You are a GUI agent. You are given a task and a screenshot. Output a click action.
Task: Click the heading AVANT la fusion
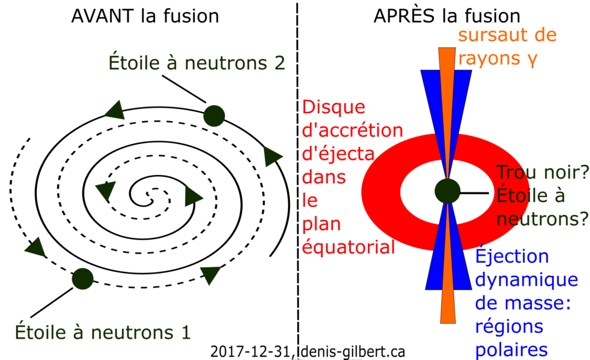[145, 16]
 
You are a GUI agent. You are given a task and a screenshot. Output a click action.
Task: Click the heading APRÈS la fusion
[447, 16]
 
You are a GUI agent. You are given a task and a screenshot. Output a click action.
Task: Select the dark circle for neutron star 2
[214, 115]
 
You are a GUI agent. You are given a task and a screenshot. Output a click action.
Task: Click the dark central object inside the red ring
[447, 191]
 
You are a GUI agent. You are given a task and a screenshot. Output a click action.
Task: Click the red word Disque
[334, 108]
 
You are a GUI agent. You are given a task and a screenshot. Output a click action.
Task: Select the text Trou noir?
[542, 172]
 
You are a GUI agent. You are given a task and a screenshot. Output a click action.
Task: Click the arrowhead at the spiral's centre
[194, 198]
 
